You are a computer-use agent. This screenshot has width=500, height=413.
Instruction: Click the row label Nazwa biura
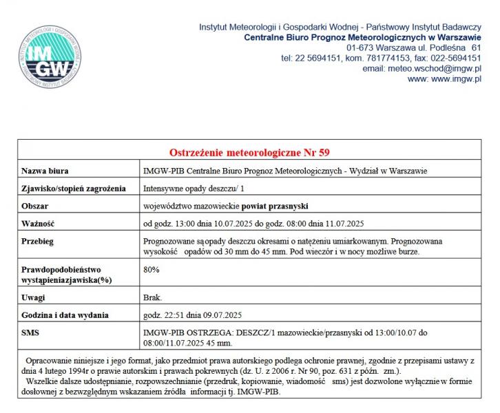pos(45,171)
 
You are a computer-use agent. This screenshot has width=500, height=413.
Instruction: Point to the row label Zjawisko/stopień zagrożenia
pos(73,189)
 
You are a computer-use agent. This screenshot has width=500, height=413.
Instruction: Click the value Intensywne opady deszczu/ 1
pos(194,189)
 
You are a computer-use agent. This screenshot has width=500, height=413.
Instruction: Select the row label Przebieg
pos(38,242)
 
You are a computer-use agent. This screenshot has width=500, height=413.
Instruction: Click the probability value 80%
pos(152,270)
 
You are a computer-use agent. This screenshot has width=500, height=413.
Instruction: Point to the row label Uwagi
pos(34,298)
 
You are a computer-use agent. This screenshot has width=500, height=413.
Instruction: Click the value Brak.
pos(153,298)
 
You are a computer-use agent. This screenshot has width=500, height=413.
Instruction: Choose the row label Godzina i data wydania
pos(65,315)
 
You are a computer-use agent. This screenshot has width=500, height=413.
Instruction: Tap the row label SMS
pos(32,332)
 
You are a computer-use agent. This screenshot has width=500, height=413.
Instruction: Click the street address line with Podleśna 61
pos(413,47)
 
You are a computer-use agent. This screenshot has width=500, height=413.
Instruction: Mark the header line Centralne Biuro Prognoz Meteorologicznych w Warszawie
pos(362,37)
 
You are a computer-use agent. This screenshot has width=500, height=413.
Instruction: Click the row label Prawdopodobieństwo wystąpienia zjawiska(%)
pos(62,275)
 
